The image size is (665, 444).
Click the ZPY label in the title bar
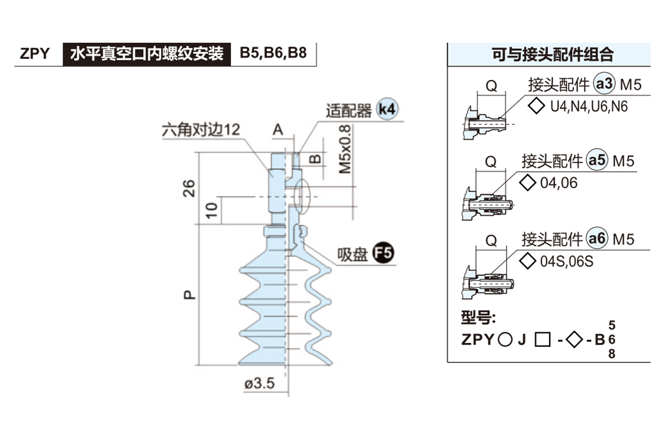click(34, 54)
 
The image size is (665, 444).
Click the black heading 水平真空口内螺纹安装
click(146, 54)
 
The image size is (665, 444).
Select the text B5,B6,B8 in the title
click(273, 54)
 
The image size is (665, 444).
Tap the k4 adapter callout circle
click(387, 109)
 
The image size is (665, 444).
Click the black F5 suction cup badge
click(382, 254)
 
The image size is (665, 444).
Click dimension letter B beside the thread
click(314, 158)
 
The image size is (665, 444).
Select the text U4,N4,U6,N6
click(589, 107)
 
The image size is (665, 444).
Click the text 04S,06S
click(566, 261)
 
